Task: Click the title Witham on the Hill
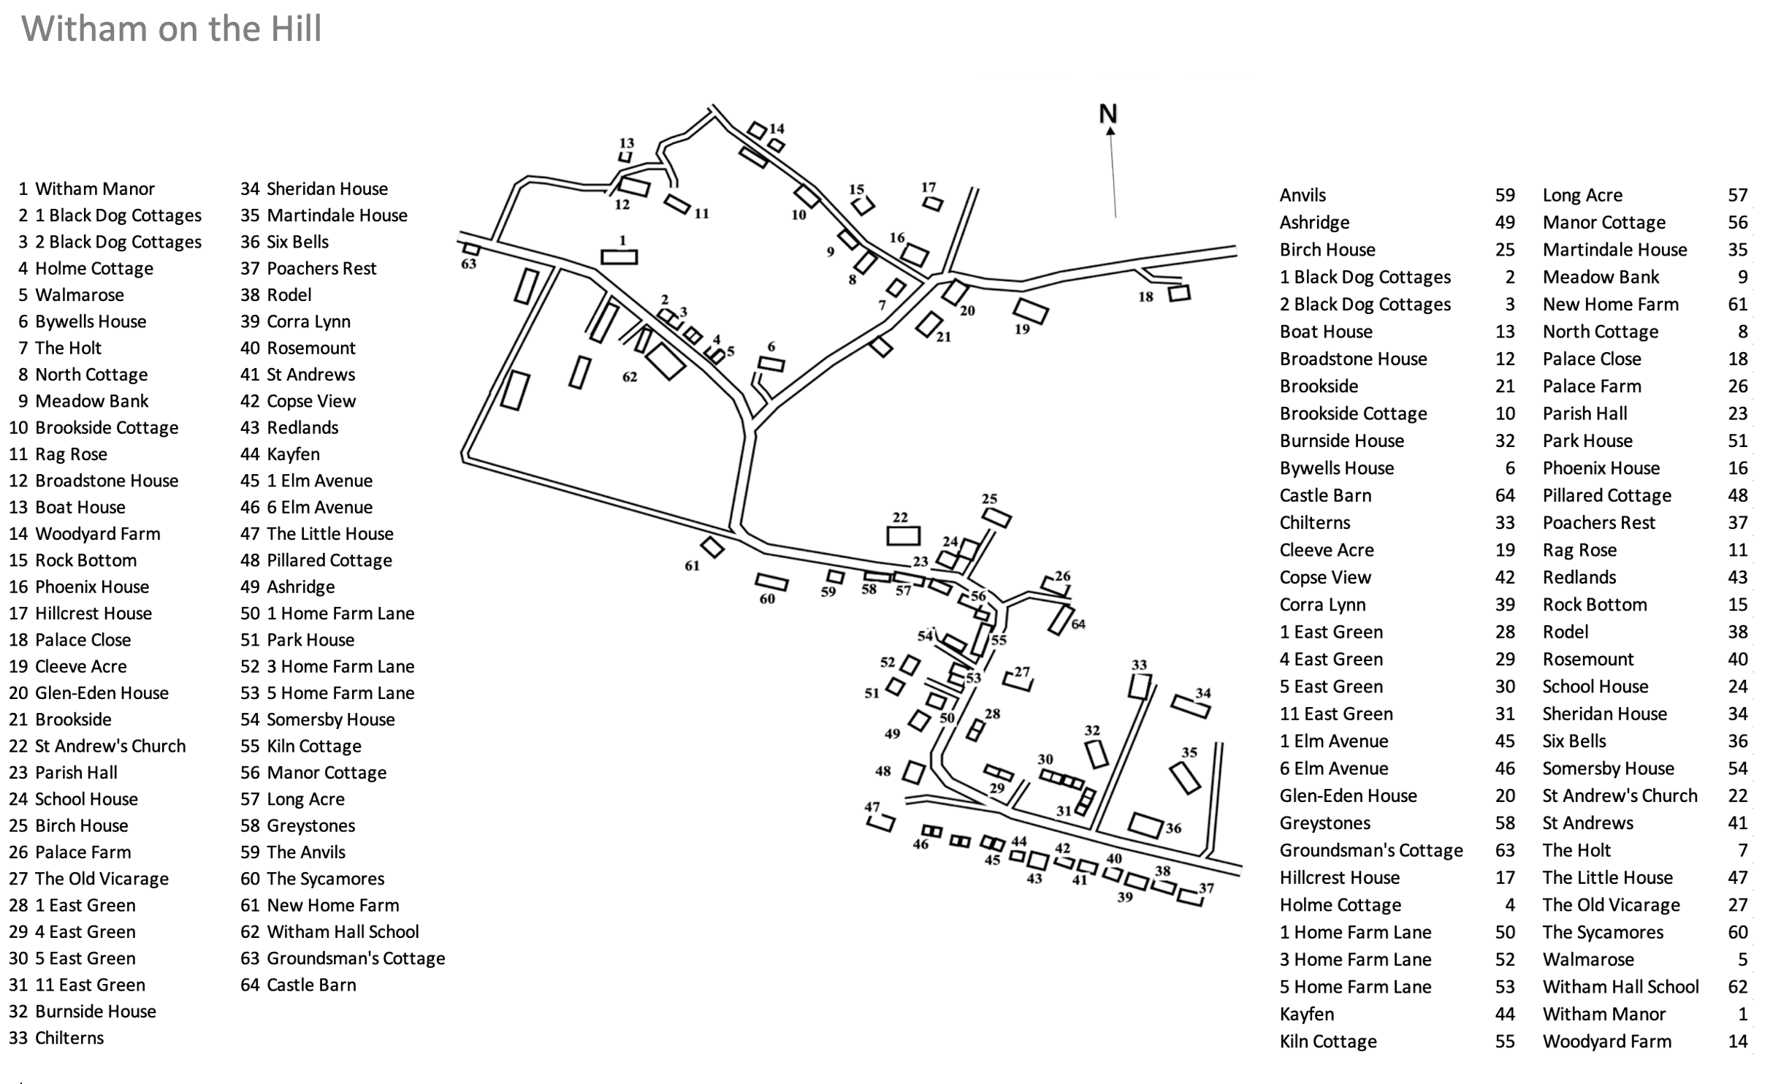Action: click(x=171, y=29)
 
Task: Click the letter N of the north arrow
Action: click(x=1107, y=114)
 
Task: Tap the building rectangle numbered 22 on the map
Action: click(x=903, y=535)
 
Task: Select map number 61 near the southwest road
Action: click(x=692, y=565)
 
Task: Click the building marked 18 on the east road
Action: click(x=1178, y=293)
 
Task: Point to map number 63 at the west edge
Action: click(x=468, y=264)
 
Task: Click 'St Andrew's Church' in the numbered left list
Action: click(x=110, y=746)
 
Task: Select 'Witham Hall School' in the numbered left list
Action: click(x=343, y=931)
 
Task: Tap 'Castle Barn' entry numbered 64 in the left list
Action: click(x=311, y=985)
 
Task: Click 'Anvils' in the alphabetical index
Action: click(x=1302, y=195)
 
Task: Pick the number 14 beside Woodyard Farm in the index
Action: click(x=1737, y=1041)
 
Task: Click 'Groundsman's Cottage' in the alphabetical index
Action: click(x=1370, y=850)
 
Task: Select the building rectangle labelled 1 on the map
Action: click(x=619, y=257)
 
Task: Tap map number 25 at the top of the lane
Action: click(x=989, y=499)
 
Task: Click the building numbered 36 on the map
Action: click(x=1145, y=825)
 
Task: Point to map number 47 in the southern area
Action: click(x=872, y=807)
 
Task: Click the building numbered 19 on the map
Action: click(x=1031, y=310)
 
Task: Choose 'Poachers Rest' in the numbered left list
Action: click(x=321, y=268)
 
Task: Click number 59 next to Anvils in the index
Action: click(x=1504, y=195)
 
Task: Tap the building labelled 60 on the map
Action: click(x=771, y=582)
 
